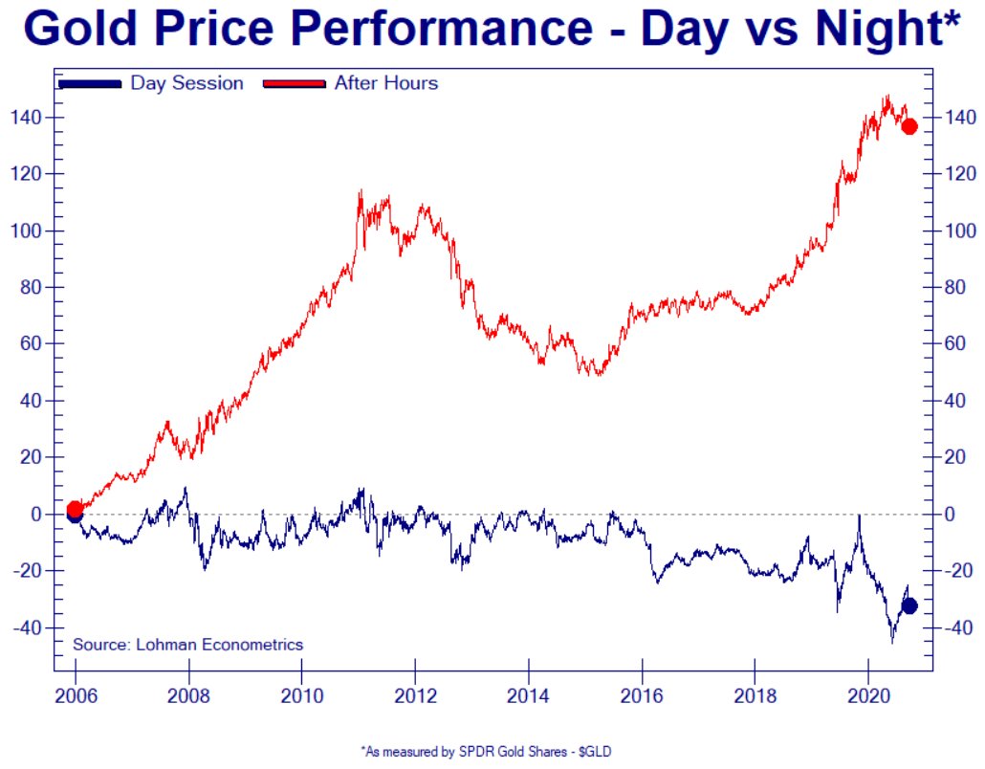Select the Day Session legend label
(186, 83)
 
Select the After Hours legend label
(385, 83)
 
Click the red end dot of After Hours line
(909, 126)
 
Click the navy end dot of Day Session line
(909, 605)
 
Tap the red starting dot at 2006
(75, 509)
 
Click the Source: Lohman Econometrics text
(187, 645)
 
